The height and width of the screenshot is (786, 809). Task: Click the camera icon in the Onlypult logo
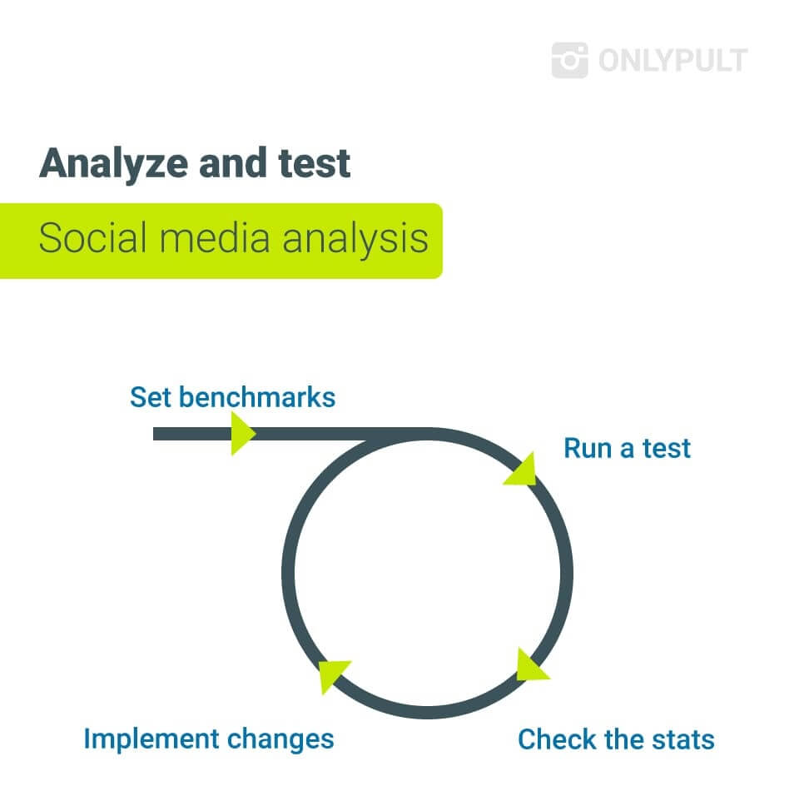[569, 60]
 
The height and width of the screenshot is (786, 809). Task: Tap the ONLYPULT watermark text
[673, 61]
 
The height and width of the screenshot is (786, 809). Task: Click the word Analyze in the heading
[113, 165]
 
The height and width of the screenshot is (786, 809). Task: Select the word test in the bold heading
[315, 163]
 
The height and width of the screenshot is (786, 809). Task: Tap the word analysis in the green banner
[355, 240]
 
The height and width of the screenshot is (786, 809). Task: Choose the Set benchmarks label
[233, 397]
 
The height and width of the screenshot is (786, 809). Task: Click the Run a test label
[627, 448]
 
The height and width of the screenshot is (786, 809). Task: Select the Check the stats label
[616, 739]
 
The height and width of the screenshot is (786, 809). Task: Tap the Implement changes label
[209, 739]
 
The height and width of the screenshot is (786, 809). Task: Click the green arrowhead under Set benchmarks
[243, 434]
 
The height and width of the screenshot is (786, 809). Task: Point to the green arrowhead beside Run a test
[522, 470]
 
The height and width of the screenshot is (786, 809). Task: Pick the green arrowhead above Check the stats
[530, 666]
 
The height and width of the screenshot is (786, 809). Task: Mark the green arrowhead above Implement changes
[332, 675]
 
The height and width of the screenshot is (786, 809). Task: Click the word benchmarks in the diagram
[257, 397]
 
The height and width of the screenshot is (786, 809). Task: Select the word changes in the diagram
[280, 740]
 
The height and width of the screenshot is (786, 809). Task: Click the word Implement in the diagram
[151, 739]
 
